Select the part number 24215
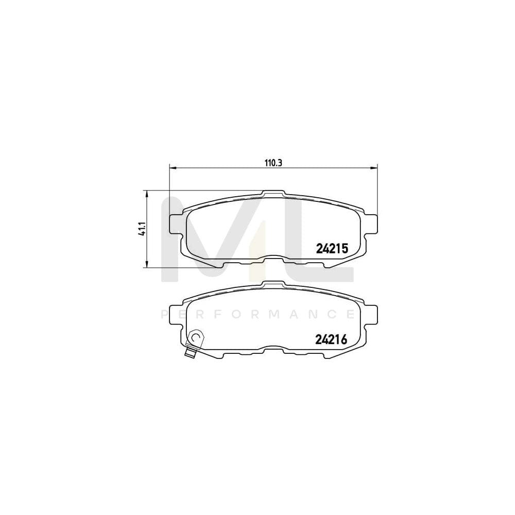332,248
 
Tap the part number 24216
332,339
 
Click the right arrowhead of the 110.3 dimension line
374,167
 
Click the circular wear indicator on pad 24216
196,337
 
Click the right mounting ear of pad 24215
371,222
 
